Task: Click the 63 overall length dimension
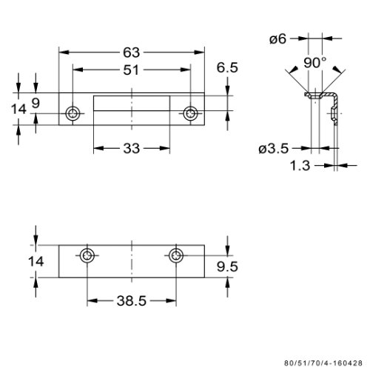131,53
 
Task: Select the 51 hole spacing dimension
131,70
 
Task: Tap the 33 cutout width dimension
132,149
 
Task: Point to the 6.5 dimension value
227,67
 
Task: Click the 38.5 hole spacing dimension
132,301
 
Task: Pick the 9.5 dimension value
227,266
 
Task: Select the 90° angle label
314,63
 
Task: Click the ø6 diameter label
277,39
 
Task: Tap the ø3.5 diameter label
274,149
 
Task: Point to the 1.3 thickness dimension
300,166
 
